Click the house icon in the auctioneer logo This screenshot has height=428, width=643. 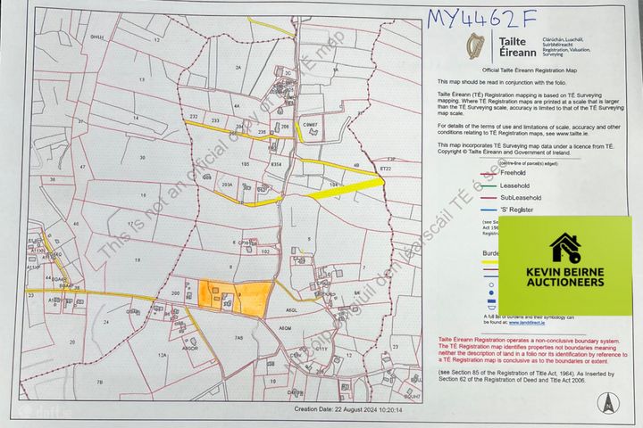pyautogui.click(x=564, y=247)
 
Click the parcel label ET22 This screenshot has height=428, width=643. pyautogui.click(x=386, y=169)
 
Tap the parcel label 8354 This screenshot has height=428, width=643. pyautogui.click(x=276, y=166)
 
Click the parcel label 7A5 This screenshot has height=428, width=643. pyautogui.click(x=239, y=338)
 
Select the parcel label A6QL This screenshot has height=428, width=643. pyautogui.click(x=290, y=309)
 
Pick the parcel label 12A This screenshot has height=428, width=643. pyautogui.click(x=162, y=356)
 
